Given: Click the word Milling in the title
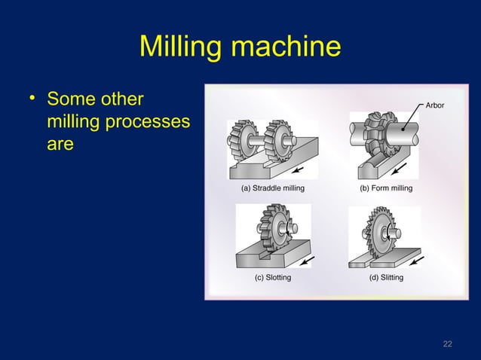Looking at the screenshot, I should point(182,49).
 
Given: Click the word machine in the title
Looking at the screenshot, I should point(285,49).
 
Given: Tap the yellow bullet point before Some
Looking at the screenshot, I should point(32,99).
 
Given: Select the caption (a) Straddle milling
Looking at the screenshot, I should point(272,188).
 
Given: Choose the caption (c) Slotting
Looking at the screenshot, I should point(273,278).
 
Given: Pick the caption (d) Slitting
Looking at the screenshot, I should point(385,278).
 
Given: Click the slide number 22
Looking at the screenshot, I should point(447,343).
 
